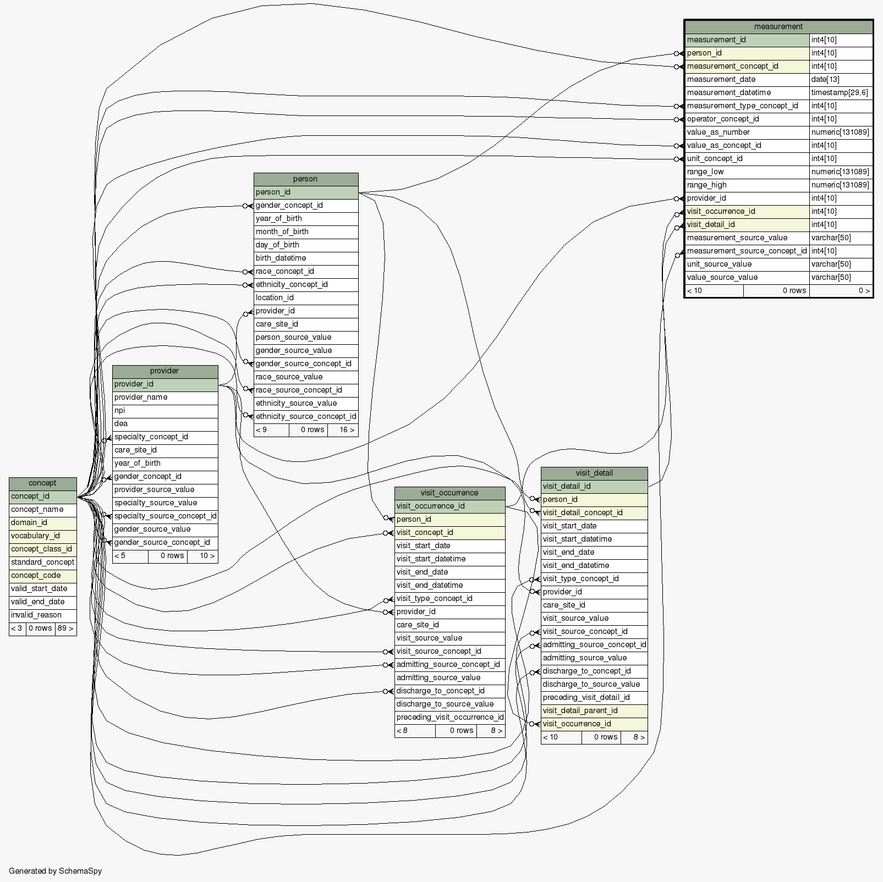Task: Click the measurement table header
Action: pos(778,26)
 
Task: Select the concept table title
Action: pos(42,483)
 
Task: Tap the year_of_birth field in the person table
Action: pos(278,218)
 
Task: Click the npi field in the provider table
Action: pos(120,410)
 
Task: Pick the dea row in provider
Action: pos(121,423)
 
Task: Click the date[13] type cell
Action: pos(825,79)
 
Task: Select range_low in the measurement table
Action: pos(705,172)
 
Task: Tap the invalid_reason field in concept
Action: pos(36,615)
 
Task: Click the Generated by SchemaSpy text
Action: pos(55,871)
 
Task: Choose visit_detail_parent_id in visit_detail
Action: pos(580,710)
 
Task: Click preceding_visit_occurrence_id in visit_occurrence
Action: pos(449,717)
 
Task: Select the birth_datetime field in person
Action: pos(281,258)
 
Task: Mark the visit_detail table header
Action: pos(594,473)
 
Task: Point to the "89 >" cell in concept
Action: pos(65,628)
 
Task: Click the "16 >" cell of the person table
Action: pos(347,429)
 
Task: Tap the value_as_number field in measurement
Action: pos(718,132)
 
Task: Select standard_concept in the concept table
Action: pos(42,562)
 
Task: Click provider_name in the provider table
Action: pos(141,397)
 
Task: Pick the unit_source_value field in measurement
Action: pos(719,264)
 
